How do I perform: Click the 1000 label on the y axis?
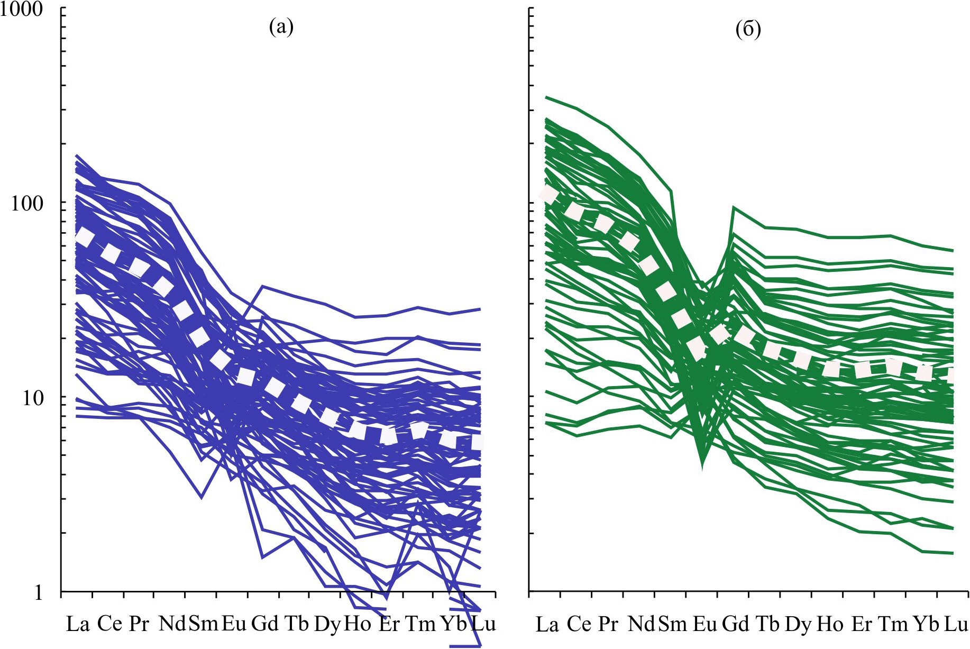click(21, 9)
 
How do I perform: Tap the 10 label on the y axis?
click(32, 398)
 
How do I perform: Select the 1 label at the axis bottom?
click(38, 592)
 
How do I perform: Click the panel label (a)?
click(281, 26)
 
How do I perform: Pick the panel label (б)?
click(748, 30)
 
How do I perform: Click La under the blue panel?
click(77, 625)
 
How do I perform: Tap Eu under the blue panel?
click(234, 624)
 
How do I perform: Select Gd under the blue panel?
click(264, 624)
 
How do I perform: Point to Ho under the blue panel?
click(358, 624)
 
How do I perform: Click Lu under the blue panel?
click(483, 624)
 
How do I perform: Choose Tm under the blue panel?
click(420, 624)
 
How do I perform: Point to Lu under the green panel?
click(956, 625)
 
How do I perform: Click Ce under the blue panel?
click(109, 624)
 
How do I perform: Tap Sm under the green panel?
click(672, 625)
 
